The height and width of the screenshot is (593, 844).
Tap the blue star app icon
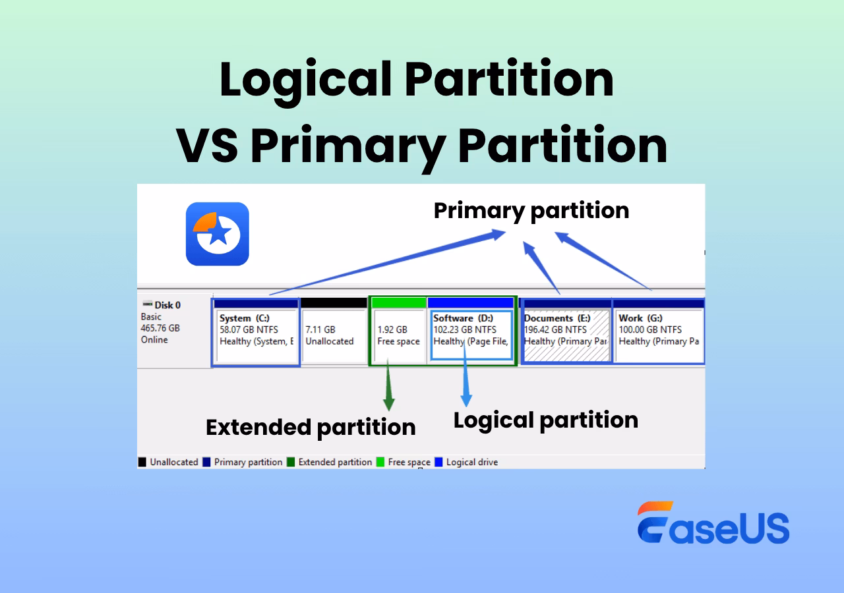click(x=217, y=234)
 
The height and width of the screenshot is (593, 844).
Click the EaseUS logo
click(x=713, y=523)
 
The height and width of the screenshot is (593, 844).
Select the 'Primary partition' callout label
click(x=531, y=210)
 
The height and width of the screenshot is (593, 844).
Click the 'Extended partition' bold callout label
click(x=311, y=427)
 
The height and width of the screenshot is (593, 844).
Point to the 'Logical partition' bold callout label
click(x=545, y=420)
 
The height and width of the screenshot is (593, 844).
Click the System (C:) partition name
click(x=245, y=318)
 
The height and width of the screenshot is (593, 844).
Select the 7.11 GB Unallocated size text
click(x=320, y=329)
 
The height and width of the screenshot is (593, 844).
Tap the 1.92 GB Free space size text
click(x=392, y=329)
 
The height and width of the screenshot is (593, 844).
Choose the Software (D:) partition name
click(x=463, y=318)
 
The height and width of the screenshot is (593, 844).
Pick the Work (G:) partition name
click(x=640, y=318)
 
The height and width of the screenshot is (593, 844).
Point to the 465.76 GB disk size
click(x=160, y=328)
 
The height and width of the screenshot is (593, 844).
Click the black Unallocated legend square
click(x=142, y=463)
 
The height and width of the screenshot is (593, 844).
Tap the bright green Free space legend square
click(x=380, y=463)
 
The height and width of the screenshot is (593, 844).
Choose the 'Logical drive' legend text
click(x=471, y=463)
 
